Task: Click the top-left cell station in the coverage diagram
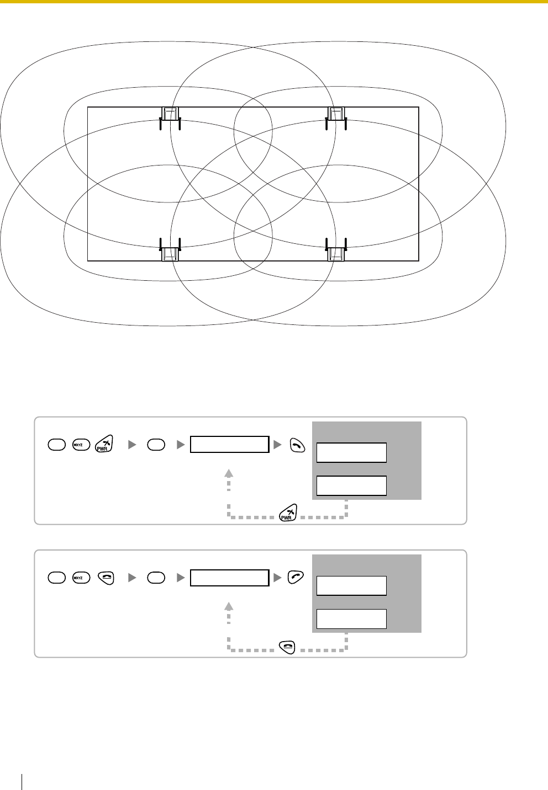(170, 115)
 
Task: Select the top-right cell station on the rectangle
(336, 115)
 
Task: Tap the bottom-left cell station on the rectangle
(170, 253)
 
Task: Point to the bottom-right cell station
(336, 253)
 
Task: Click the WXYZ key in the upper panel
(79, 444)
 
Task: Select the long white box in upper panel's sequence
(229, 444)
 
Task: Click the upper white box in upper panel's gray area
(351, 452)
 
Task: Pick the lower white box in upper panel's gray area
(351, 485)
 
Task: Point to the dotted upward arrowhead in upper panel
(229, 472)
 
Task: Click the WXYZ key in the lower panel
(79, 577)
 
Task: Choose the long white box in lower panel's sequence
(229, 577)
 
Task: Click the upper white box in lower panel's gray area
(351, 585)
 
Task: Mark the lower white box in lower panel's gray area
(351, 618)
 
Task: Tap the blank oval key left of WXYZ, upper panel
(56, 444)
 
